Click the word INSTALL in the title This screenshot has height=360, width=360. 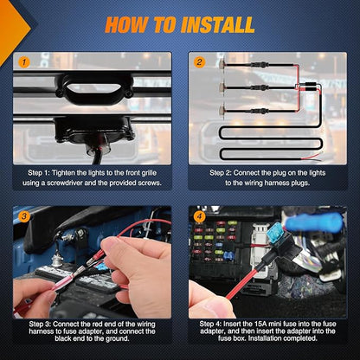pyautogui.click(x=218, y=25)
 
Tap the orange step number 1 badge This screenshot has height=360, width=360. pyautogui.click(x=24, y=62)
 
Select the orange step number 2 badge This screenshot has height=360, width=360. pyautogui.click(x=199, y=61)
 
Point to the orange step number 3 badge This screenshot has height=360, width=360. pyautogui.click(x=24, y=216)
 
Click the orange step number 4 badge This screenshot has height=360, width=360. pyautogui.click(x=199, y=216)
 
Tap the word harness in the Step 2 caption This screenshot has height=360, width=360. pyautogui.click(x=278, y=183)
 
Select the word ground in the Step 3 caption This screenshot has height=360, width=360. pyautogui.click(x=117, y=338)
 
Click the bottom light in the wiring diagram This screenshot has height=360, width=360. pyautogui.click(x=222, y=111)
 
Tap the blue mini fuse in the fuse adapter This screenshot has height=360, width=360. pyautogui.click(x=277, y=231)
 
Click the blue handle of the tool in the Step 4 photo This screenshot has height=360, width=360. pyautogui.click(x=314, y=222)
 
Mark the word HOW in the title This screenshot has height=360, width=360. pyautogui.click(x=127, y=25)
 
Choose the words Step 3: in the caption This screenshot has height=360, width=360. pyautogui.click(x=40, y=325)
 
